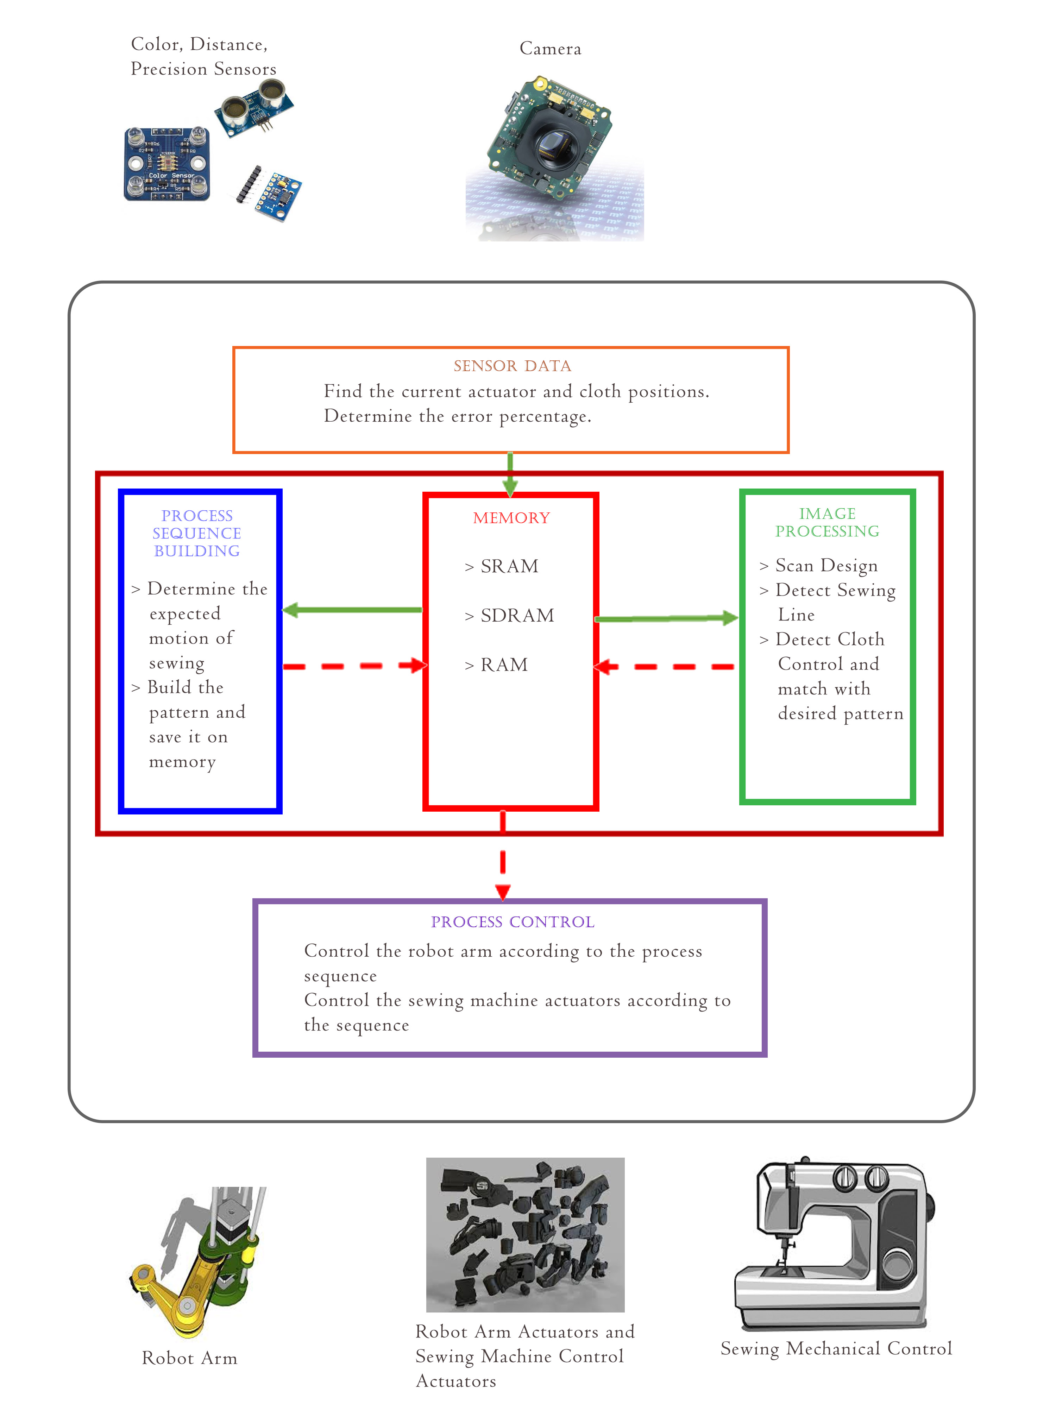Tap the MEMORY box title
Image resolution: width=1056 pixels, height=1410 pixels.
pyautogui.click(x=511, y=518)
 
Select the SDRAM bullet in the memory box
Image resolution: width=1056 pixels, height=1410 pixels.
pyautogui.click(x=516, y=615)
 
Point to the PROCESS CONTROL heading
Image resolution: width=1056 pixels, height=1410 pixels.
pyautogui.click(x=513, y=922)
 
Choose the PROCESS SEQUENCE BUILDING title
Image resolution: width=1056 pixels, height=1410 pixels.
pyautogui.click(x=197, y=533)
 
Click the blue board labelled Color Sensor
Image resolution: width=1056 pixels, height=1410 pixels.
pyautogui.click(x=167, y=164)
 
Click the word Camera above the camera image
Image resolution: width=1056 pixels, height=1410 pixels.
pyautogui.click(x=550, y=49)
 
